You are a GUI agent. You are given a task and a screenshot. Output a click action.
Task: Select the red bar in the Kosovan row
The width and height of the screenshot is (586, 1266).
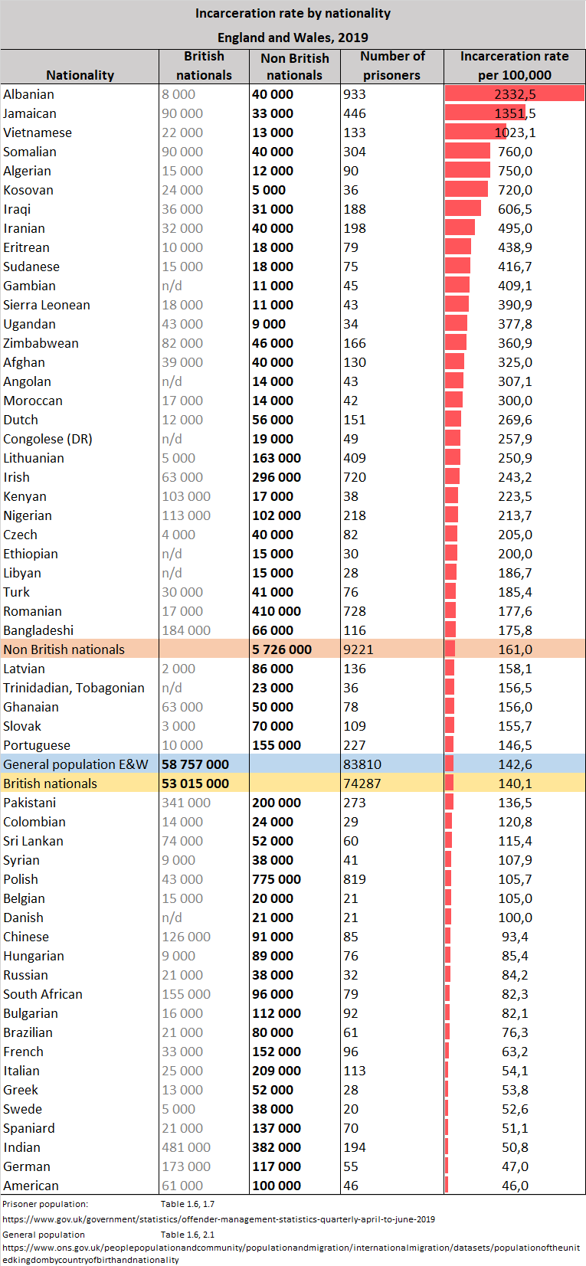pyautogui.click(x=467, y=190)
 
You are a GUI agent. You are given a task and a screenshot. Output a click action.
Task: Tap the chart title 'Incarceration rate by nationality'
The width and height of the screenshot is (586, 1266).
pyautogui.click(x=293, y=13)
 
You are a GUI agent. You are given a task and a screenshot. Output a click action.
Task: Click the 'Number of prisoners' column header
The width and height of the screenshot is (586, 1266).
pyautogui.click(x=391, y=66)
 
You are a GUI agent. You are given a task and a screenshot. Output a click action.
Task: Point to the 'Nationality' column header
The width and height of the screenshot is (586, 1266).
pyautogui.click(x=80, y=75)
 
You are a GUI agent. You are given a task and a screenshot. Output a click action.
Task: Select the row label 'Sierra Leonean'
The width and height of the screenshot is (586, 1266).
pyautogui.click(x=47, y=305)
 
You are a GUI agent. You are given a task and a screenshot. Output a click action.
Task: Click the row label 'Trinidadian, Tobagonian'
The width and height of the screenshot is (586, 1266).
pyautogui.click(x=74, y=688)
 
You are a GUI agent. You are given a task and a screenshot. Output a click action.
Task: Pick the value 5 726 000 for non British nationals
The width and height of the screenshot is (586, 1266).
pyautogui.click(x=282, y=649)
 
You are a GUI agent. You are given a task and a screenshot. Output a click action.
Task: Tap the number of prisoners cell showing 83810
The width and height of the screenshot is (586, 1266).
pyautogui.click(x=362, y=764)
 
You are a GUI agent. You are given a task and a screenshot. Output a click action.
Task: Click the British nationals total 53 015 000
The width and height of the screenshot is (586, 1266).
pyautogui.click(x=195, y=783)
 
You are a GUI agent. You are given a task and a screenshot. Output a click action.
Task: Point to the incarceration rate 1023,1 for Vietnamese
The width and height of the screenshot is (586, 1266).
pyautogui.click(x=515, y=132)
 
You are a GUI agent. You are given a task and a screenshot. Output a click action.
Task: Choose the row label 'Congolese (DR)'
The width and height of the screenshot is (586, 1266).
pyautogui.click(x=47, y=439)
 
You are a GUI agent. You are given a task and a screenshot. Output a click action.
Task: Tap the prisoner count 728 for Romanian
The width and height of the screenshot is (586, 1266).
pyautogui.click(x=355, y=611)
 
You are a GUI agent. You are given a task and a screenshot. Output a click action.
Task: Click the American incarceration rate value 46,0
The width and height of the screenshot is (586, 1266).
pyautogui.click(x=515, y=1186)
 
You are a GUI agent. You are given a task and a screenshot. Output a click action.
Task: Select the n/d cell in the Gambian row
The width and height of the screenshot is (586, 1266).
pyautogui.click(x=172, y=286)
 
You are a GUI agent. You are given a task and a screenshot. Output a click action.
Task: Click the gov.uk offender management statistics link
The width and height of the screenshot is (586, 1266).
pyautogui.click(x=218, y=1219)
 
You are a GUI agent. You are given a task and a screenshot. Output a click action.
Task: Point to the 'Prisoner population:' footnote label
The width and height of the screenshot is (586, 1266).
pyautogui.click(x=45, y=1204)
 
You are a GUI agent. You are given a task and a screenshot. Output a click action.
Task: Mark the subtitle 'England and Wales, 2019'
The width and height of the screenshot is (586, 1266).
pyautogui.click(x=293, y=38)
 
